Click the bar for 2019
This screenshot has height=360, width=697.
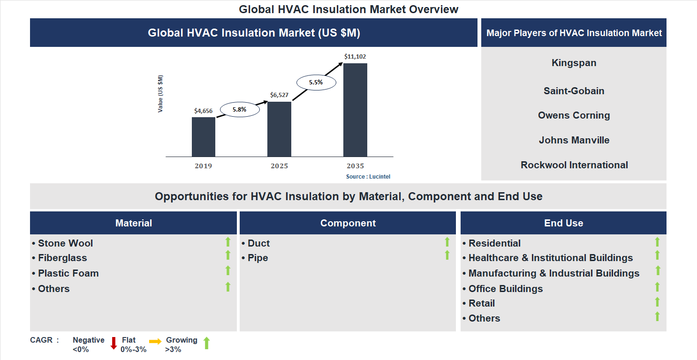[204, 137]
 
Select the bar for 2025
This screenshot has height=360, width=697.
[279, 129]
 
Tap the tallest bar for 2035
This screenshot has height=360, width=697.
[355, 110]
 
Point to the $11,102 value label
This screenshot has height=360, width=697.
[355, 57]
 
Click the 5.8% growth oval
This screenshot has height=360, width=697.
[239, 110]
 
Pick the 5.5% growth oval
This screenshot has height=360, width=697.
[316, 82]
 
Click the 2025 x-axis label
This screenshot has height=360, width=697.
[279, 166]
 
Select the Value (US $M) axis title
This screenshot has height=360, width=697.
[160, 93]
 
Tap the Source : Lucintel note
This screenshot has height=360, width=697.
[368, 177]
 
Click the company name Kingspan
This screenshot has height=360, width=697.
[574, 63]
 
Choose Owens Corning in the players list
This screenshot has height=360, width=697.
[574, 115]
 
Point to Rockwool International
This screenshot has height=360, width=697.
[574, 165]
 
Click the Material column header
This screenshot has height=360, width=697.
[134, 223]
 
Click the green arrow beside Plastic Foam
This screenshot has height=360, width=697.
[228, 270]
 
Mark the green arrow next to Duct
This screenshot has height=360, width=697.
[447, 242]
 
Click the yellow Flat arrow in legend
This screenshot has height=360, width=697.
[155, 342]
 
